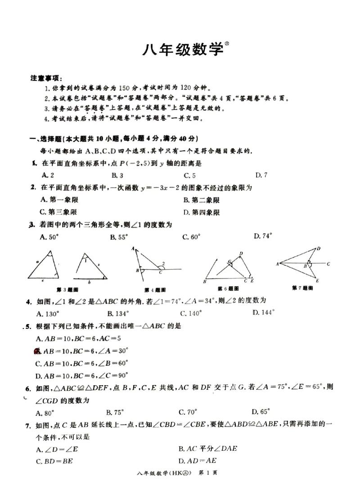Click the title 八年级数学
click(182, 49)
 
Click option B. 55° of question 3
click(118, 236)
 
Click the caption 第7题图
click(301, 288)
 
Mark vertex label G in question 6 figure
click(229, 261)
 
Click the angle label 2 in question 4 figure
click(163, 264)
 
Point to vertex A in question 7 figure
click(277, 264)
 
